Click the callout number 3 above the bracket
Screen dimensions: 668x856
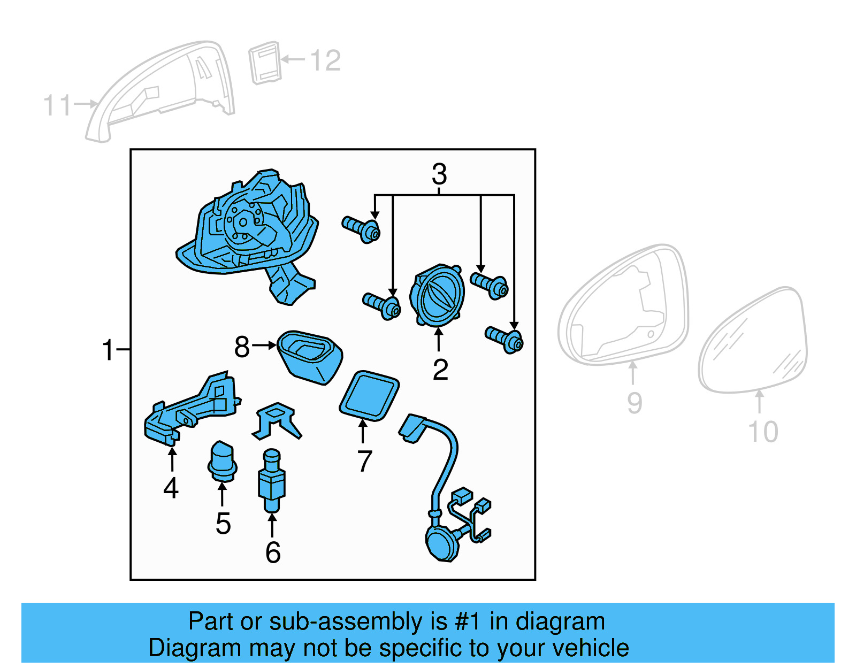click(x=439, y=174)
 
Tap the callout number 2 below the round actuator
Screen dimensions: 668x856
click(x=440, y=370)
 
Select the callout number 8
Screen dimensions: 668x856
click(x=242, y=347)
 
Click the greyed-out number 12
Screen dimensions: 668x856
click(x=325, y=60)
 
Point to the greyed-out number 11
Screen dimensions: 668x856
click(x=57, y=105)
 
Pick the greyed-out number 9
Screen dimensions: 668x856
click(x=635, y=403)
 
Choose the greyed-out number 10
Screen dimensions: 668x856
click(x=763, y=432)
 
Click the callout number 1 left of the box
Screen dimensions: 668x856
click(x=109, y=350)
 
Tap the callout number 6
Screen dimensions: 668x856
click(x=273, y=552)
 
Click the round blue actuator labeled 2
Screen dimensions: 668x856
click(x=437, y=295)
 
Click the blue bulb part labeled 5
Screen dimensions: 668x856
click(x=222, y=462)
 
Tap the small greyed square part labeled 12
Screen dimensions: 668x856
click(x=265, y=63)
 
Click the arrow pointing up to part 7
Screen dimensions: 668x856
click(x=363, y=431)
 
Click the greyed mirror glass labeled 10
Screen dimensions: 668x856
click(x=753, y=343)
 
